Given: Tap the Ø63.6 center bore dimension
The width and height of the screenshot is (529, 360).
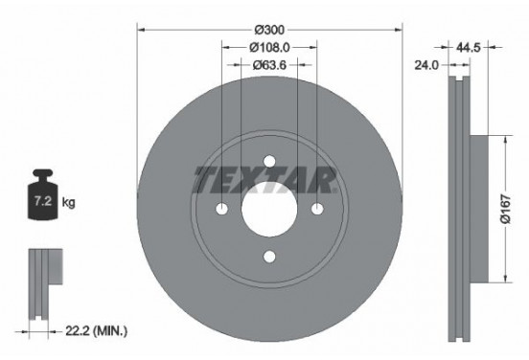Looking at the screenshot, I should (x=269, y=66).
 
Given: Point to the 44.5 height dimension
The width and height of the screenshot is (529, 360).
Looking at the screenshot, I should (x=469, y=45).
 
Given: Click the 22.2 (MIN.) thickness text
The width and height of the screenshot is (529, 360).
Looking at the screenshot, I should (x=93, y=330).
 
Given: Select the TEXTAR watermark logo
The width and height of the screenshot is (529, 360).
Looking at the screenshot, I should (x=264, y=178).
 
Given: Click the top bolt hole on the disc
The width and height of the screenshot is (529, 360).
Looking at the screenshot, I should (x=269, y=160).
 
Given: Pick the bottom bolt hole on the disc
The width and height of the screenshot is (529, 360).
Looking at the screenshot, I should (x=269, y=256).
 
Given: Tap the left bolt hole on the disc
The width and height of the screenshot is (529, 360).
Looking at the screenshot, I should (x=221, y=208).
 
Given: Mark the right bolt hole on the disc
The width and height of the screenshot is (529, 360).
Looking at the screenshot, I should (x=317, y=208).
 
